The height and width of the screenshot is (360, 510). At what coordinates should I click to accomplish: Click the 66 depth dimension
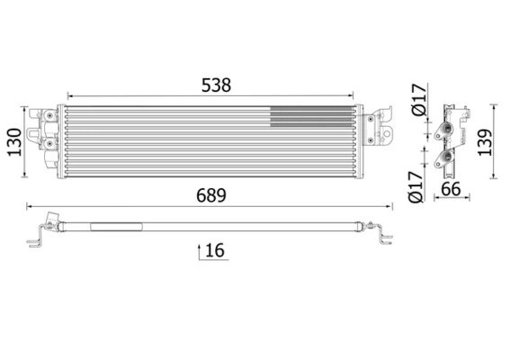451,190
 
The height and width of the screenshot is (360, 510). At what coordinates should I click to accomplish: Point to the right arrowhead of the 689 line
389,206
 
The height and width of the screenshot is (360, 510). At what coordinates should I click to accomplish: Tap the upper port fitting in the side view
442,136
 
